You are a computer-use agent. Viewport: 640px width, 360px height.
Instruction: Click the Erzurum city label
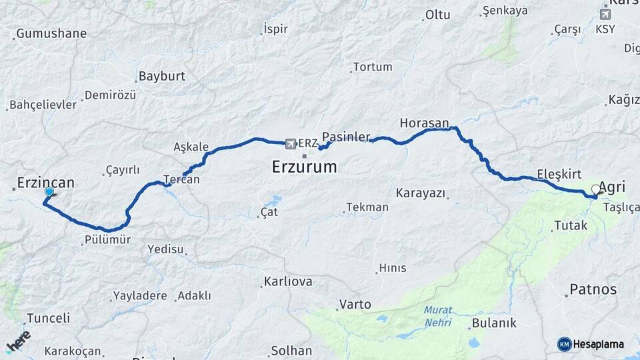click(x=304, y=167)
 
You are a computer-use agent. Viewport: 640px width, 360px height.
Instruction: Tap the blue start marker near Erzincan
click(x=49, y=193)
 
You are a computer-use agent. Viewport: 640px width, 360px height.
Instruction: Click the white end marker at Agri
click(x=595, y=189)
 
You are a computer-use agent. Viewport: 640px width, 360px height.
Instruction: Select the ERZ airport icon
click(x=290, y=143)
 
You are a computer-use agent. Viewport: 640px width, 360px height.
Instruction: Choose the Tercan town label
click(x=181, y=179)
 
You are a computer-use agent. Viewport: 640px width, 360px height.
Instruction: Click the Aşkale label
click(x=191, y=147)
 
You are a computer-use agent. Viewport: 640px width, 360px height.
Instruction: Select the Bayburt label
click(x=161, y=77)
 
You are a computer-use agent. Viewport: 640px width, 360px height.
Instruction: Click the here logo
click(x=18, y=341)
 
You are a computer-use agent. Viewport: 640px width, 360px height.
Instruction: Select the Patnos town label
click(x=593, y=290)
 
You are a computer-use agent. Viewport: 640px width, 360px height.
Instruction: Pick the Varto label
click(x=355, y=305)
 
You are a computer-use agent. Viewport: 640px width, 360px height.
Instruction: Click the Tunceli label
click(x=48, y=318)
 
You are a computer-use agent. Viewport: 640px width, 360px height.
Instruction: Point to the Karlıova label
click(x=288, y=281)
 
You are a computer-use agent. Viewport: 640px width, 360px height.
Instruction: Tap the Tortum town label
click(x=373, y=67)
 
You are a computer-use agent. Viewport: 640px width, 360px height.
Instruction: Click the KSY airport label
click(x=605, y=29)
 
